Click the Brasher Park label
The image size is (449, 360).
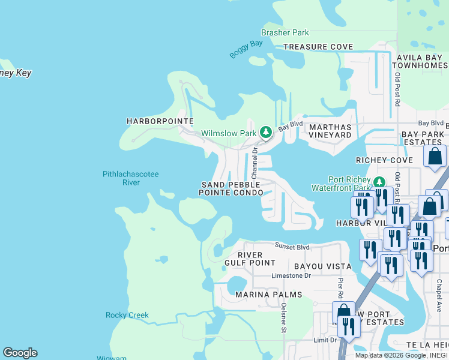pyautogui.click(x=285, y=32)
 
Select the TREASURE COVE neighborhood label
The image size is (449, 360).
pyautogui.click(x=318, y=47)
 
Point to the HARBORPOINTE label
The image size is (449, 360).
pyautogui.click(x=160, y=121)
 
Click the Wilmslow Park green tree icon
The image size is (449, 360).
pyautogui.click(x=266, y=132)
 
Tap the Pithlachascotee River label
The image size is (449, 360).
pyautogui.click(x=130, y=178)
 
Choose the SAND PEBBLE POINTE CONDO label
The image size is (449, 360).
pyautogui.click(x=231, y=188)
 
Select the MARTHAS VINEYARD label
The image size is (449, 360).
pyautogui.click(x=329, y=131)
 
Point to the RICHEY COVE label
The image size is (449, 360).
pyautogui.click(x=384, y=161)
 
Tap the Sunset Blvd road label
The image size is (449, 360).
pyautogui.click(x=292, y=246)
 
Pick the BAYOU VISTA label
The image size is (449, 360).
pyautogui.click(x=322, y=266)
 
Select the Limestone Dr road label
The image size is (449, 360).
pyautogui.click(x=291, y=275)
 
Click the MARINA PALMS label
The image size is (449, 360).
pyautogui.click(x=268, y=295)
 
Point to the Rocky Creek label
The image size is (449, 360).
pyautogui.click(x=127, y=315)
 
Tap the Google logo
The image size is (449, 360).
pyautogui.click(x=20, y=353)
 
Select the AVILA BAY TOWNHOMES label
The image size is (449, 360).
pyautogui.click(x=421, y=61)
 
